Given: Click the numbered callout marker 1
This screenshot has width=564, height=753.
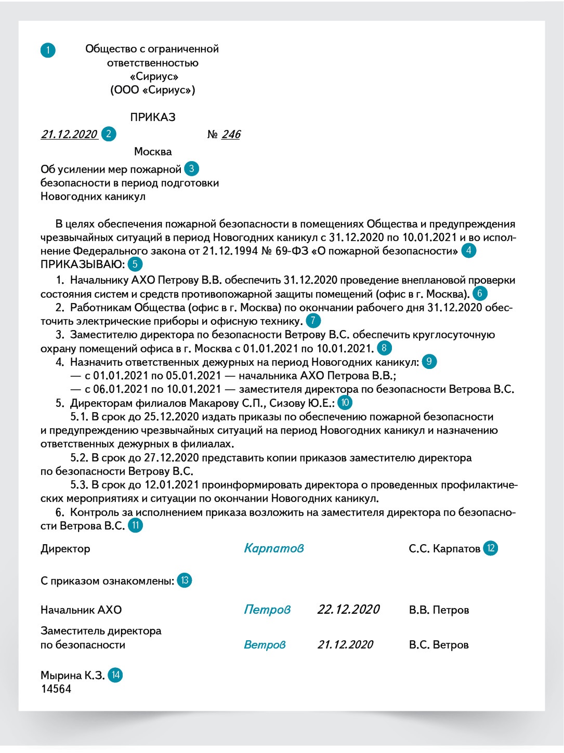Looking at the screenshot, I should (x=48, y=50).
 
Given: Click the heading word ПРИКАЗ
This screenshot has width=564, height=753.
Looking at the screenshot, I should (x=153, y=117).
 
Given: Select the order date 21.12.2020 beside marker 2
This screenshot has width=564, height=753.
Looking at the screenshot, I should (x=69, y=134).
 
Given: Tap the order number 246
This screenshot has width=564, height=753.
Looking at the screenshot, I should (x=231, y=134).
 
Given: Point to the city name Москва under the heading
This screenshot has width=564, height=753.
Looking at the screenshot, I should (x=153, y=152).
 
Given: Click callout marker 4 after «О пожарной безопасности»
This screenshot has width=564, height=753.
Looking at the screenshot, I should (x=468, y=250).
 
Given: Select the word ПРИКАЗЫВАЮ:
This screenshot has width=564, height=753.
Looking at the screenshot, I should (x=83, y=264).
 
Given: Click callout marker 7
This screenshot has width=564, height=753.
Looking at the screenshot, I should (x=313, y=321).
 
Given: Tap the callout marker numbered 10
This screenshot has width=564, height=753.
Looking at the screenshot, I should (x=345, y=403).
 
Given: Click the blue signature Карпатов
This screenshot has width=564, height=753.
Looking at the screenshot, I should (x=274, y=548).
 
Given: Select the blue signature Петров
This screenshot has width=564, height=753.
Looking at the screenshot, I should (x=267, y=610).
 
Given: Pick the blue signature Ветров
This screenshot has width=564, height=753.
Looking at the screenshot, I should (x=265, y=645).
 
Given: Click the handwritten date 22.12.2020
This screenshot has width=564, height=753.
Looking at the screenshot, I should (x=348, y=610).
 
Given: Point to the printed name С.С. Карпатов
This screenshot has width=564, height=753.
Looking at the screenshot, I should (x=444, y=549).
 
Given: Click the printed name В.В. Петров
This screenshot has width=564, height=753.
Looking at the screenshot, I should (x=439, y=610).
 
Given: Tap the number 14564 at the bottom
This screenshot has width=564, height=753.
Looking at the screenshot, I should (x=56, y=689).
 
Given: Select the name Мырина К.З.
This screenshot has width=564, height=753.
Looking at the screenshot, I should (x=72, y=676).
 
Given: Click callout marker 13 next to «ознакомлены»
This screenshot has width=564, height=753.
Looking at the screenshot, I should (x=185, y=580).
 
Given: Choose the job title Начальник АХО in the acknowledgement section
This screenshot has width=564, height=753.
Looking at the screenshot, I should (x=81, y=610).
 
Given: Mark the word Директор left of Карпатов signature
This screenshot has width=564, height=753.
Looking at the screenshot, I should (x=65, y=549).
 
